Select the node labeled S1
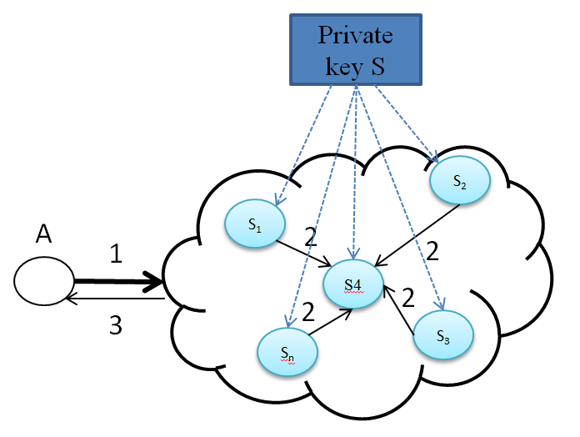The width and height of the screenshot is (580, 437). (x=255, y=224)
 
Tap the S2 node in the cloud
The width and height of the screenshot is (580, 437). (x=458, y=180)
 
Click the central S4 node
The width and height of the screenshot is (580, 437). (x=353, y=284)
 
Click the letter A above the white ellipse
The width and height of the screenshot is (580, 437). (x=44, y=236)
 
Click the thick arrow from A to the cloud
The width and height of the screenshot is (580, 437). (x=117, y=282)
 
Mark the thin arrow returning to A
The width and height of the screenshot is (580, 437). (x=117, y=298)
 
